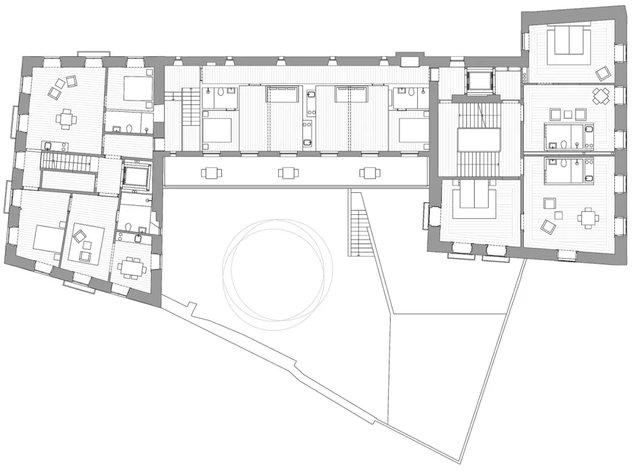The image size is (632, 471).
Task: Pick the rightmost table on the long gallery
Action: (x=369, y=173)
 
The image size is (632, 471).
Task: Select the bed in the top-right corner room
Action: (x=569, y=44)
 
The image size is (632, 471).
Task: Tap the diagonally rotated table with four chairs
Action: (x=600, y=96)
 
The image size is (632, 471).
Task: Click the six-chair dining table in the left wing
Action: (x=132, y=268)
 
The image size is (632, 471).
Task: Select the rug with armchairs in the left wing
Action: (x=85, y=243)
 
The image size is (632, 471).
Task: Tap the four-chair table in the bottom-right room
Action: (x=588, y=218)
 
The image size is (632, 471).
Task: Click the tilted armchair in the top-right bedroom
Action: (x=602, y=73)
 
